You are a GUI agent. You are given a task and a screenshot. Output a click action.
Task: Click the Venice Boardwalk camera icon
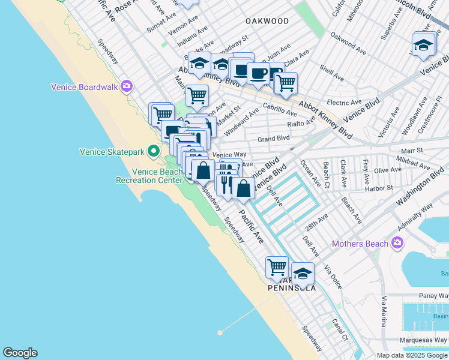(x=126, y=86)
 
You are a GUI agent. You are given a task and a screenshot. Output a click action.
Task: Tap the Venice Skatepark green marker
(x=154, y=151)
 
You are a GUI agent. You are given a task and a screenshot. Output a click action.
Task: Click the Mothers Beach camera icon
(x=397, y=243)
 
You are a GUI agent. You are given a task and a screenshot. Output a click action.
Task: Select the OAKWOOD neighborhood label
(x=267, y=21)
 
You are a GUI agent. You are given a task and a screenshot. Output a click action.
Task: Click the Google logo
(x=20, y=353)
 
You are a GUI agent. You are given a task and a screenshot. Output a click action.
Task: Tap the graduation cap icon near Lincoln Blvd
(x=423, y=45)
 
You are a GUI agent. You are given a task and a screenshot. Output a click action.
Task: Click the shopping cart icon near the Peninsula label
(x=277, y=266)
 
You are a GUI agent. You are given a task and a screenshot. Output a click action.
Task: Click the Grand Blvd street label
(x=273, y=139)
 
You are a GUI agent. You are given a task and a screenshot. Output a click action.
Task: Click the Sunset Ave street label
(x=164, y=26)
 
